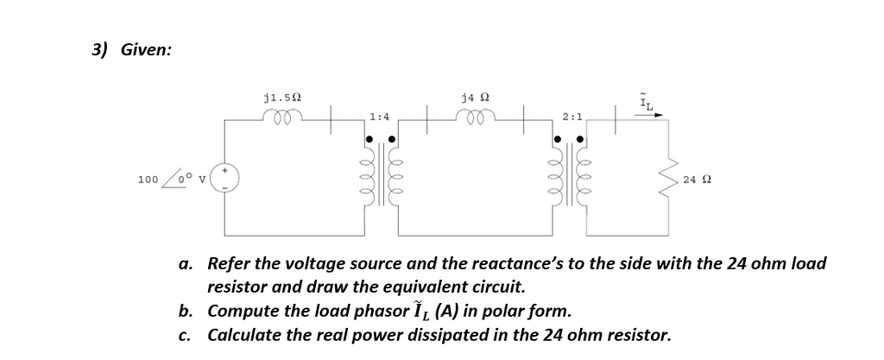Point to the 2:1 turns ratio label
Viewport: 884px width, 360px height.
[571, 116]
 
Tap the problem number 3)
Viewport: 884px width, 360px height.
[100, 50]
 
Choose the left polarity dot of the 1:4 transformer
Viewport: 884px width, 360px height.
[370, 138]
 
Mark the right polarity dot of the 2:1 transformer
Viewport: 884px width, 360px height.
[581, 138]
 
